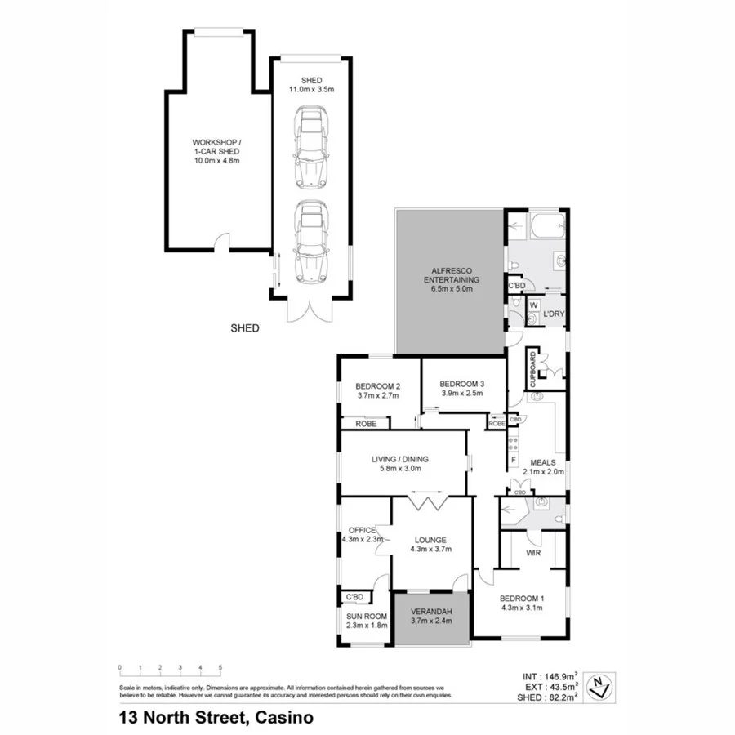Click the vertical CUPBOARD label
pyautogui.click(x=532, y=368)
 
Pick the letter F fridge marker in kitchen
pyautogui.click(x=513, y=460)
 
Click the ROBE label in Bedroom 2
pyautogui.click(x=365, y=424)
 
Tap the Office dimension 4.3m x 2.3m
pyautogui.click(x=363, y=539)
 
